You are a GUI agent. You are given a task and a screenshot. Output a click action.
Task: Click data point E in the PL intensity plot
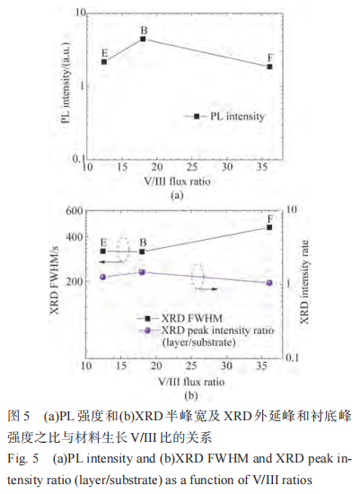coord(105,61)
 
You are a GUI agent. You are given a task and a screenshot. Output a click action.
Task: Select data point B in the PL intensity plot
coord(144,40)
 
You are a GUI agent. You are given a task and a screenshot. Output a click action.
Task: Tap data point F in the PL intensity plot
coord(270,67)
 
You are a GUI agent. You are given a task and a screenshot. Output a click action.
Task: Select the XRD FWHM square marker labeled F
coord(269,227)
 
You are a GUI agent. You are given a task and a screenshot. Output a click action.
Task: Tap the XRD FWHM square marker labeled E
coord(104,251)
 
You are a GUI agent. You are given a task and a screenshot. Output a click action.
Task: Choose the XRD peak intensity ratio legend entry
coord(215,331)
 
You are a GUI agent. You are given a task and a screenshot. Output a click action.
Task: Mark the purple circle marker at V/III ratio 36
coord(269,283)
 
